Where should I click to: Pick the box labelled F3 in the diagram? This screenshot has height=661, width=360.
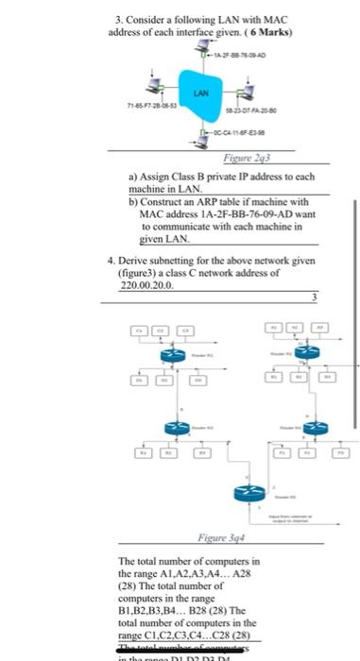340,453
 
